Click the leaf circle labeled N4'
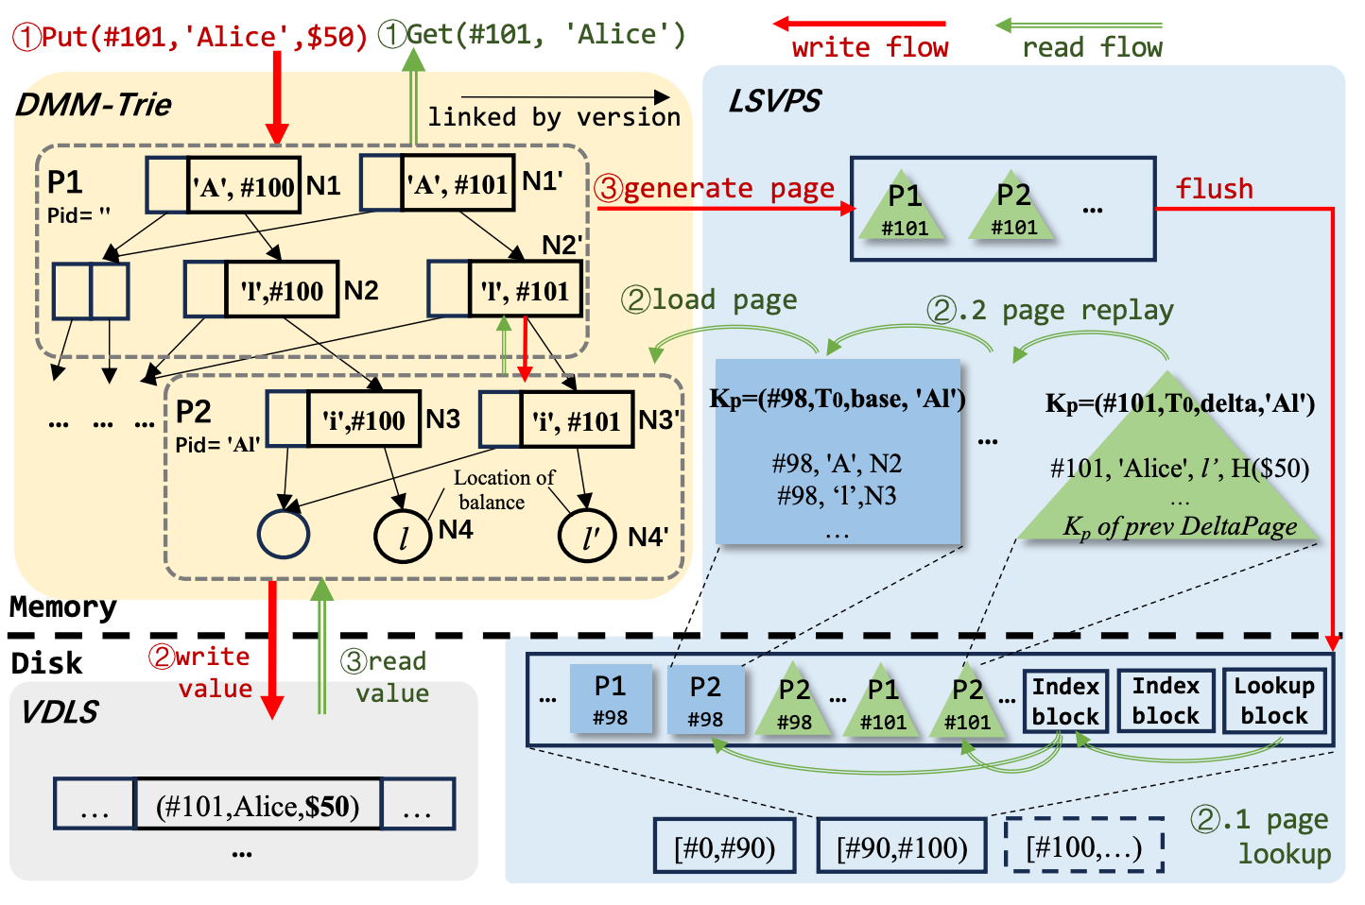(586, 536)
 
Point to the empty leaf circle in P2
(284, 534)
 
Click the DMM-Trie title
(94, 104)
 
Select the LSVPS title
(774, 101)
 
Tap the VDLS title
(59, 711)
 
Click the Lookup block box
(1273, 701)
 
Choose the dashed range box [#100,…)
(1083, 846)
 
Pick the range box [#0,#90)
(724, 846)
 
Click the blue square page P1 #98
(611, 699)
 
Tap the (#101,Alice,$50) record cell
(258, 806)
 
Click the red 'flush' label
(1214, 189)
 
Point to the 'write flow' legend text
(870, 47)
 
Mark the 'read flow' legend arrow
(1079, 26)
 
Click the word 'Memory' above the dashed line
(63, 606)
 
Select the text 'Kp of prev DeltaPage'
(1180, 526)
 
